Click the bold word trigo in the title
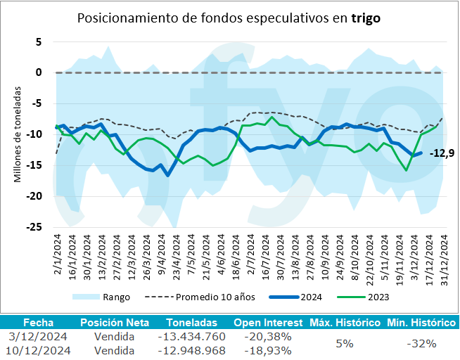(x=366, y=19)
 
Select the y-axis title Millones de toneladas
(x=19, y=135)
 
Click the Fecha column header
(x=36, y=323)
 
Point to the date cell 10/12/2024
(x=36, y=349)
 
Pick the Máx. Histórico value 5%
(x=344, y=343)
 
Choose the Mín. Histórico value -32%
(x=421, y=343)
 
